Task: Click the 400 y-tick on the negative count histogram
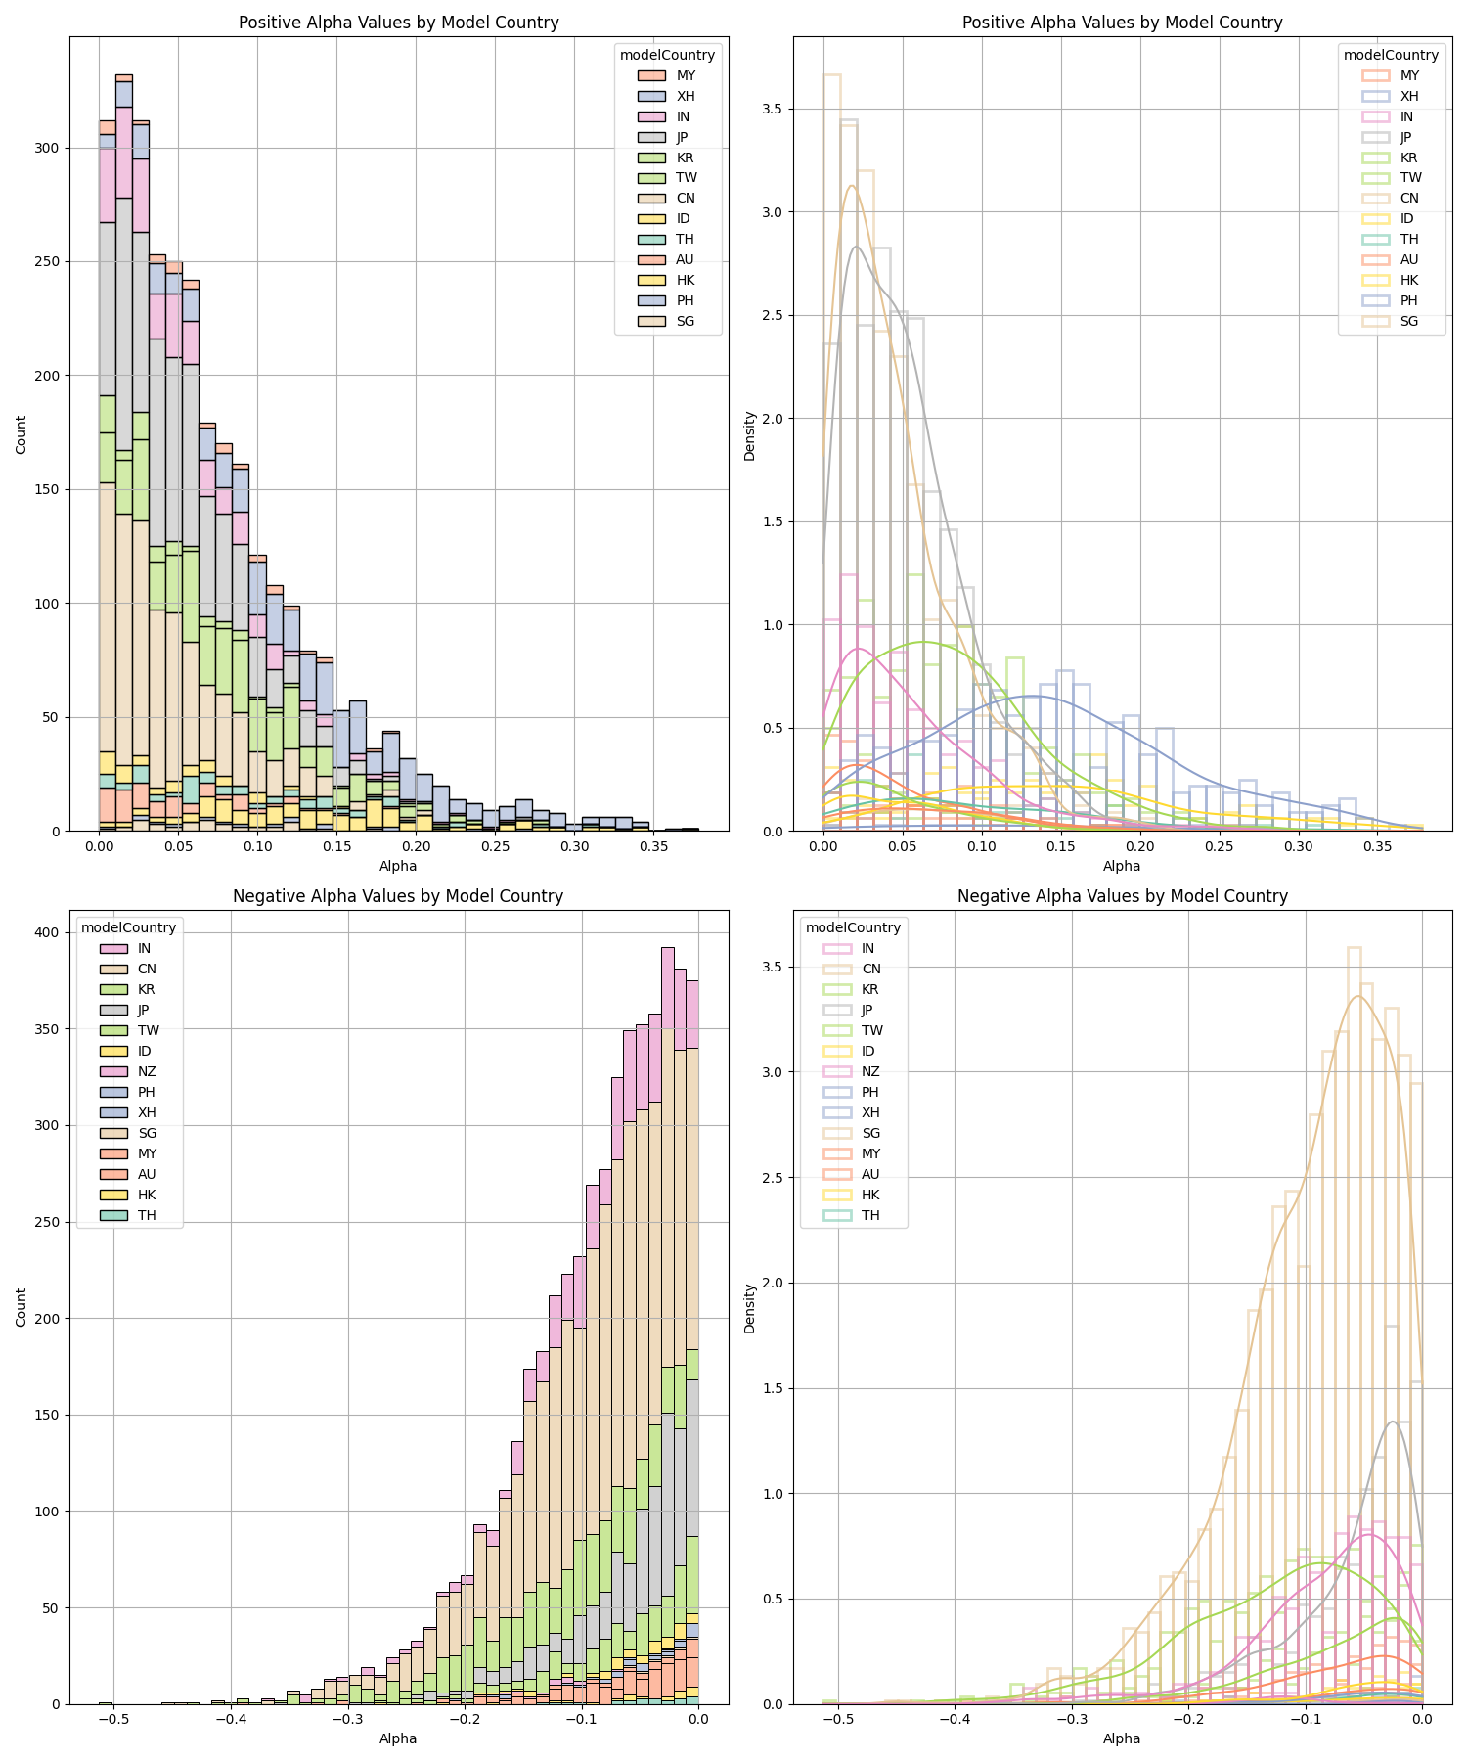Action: pos(46,932)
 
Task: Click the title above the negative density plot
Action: pos(1122,896)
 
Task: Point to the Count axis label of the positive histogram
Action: pos(22,433)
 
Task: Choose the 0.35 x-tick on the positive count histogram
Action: pos(654,846)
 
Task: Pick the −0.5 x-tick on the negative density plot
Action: pos(838,1719)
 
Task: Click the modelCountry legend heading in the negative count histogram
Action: pos(128,927)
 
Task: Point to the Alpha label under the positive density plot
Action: pos(1122,866)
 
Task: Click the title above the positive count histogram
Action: pos(398,23)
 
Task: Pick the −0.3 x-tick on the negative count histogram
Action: pos(347,1719)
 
